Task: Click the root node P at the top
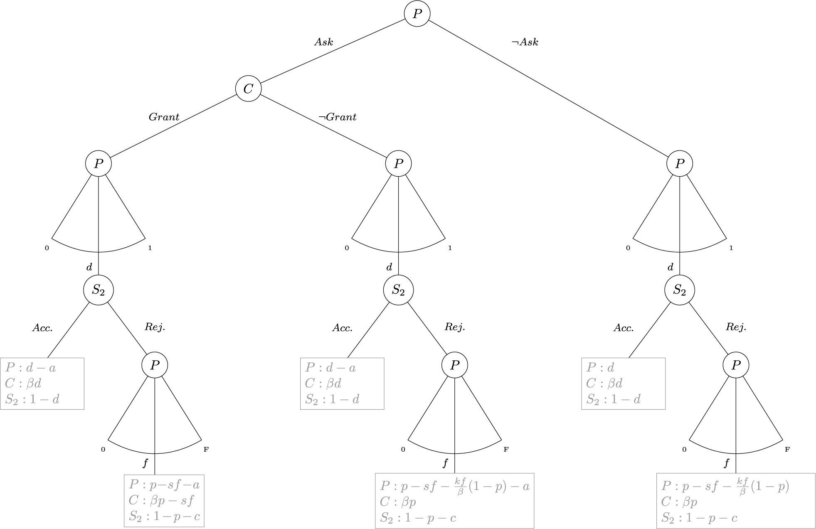click(x=417, y=14)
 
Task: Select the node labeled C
click(x=248, y=89)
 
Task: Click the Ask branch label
click(x=323, y=42)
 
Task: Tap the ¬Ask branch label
click(x=525, y=42)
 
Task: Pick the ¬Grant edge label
click(x=337, y=117)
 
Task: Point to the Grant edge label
click(x=164, y=117)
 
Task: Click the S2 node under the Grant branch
click(x=99, y=290)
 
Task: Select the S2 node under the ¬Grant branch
click(x=398, y=290)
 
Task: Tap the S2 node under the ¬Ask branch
click(x=679, y=290)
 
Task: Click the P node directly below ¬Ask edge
click(x=679, y=164)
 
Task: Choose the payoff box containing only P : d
click(x=623, y=384)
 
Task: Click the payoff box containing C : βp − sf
click(x=164, y=501)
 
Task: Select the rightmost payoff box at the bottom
click(x=735, y=501)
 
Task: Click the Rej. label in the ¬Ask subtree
click(x=736, y=327)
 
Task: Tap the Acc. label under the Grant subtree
click(x=42, y=328)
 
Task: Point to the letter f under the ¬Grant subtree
click(x=445, y=463)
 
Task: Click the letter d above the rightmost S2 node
click(x=670, y=267)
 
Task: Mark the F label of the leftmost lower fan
click(x=206, y=449)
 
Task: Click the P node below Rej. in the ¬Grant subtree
click(x=455, y=365)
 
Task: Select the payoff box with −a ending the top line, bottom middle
click(x=454, y=501)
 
